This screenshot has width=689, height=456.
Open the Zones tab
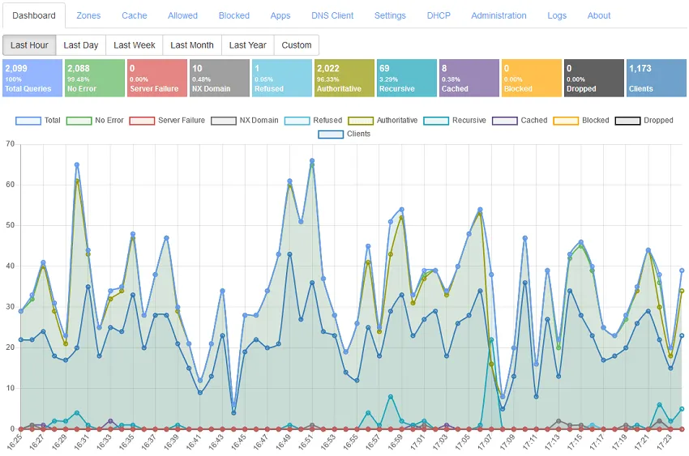pos(88,15)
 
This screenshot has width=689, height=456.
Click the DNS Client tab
pos(332,15)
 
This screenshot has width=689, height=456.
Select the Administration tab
pos(499,15)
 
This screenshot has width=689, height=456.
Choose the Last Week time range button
pos(134,45)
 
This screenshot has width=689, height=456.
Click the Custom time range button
pos(296,45)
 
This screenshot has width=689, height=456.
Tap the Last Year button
pos(247,45)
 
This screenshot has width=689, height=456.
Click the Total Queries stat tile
pos(32,79)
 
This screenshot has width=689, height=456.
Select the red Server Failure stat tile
pos(157,79)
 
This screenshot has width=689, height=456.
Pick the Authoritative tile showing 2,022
pos(344,79)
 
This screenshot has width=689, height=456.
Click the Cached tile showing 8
pos(468,79)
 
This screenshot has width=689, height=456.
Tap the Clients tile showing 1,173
pos(655,79)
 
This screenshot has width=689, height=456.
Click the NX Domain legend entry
pos(244,121)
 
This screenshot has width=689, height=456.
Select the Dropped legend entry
pos(644,121)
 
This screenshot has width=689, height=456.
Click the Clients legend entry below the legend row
pos(345,134)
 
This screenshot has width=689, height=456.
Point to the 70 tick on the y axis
pos(10,144)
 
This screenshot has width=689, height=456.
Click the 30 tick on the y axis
pos(10,307)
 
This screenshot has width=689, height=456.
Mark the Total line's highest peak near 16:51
pos(312,161)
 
